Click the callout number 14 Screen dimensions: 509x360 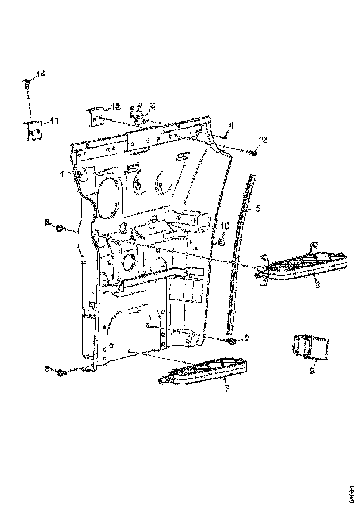[x=41, y=74]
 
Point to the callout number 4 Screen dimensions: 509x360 [x=230, y=125]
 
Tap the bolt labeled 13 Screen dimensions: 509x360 [x=253, y=153]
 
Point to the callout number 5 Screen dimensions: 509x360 [x=258, y=209]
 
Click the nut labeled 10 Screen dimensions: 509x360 [x=221, y=242]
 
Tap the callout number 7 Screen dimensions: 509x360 [x=227, y=389]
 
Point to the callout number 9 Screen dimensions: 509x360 [x=311, y=370]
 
